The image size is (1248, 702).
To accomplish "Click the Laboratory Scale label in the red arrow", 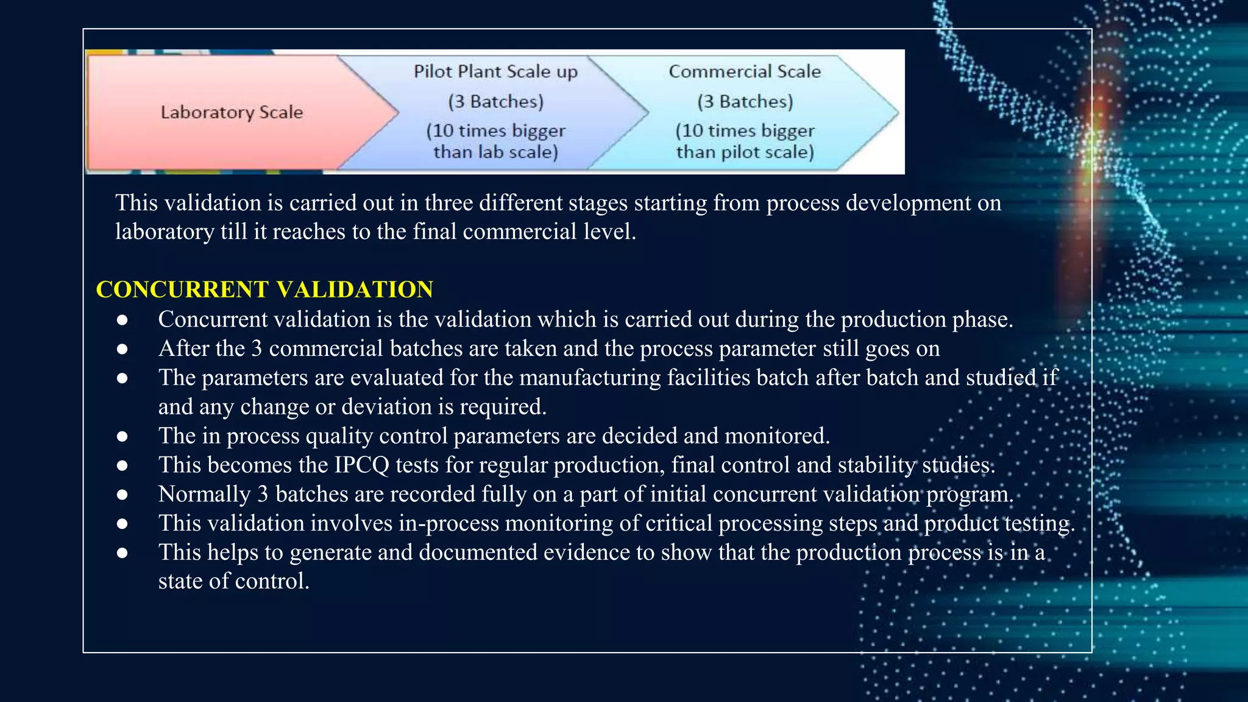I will click(232, 112).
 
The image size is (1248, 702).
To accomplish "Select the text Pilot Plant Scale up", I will click(495, 71).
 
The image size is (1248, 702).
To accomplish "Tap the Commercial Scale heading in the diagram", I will click(745, 71).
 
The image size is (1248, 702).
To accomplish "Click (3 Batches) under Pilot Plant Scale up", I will click(495, 101).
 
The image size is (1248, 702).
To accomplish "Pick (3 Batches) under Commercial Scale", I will click(745, 101).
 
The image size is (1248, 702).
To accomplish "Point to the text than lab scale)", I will click(495, 152).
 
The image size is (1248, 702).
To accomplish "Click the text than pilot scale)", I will click(745, 152).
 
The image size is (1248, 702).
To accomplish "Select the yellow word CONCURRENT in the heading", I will click(182, 289).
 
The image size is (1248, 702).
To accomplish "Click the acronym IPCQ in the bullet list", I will click(361, 465).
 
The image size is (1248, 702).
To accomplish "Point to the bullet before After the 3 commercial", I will click(122, 349).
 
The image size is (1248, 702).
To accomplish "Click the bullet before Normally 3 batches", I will click(122, 494).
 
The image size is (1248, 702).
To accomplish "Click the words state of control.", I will click(233, 581).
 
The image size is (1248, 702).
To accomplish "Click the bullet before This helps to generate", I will click(122, 553).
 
